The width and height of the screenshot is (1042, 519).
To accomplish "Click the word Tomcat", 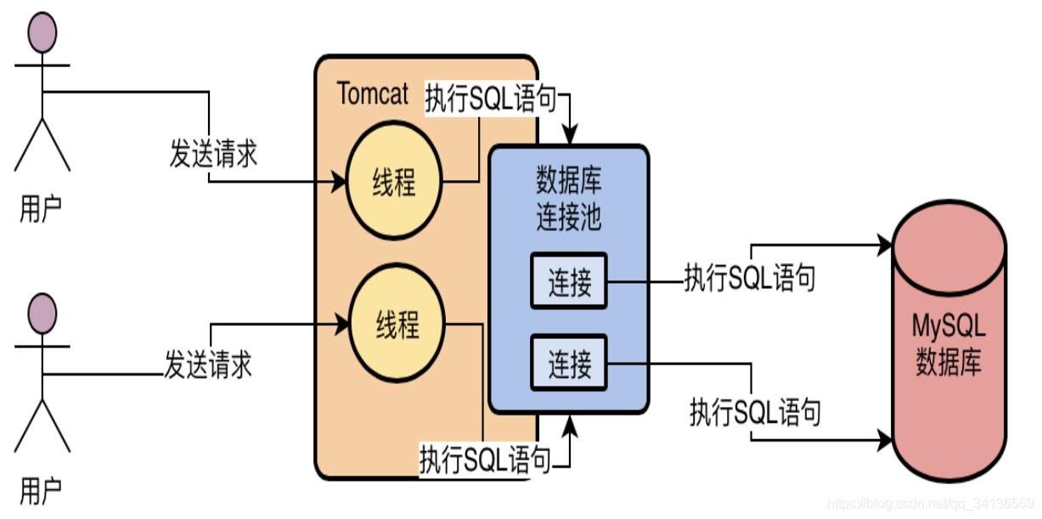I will (373, 93).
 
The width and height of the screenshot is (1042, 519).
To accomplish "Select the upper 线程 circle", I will (393, 182).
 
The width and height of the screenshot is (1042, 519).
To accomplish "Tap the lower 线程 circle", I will (397, 323).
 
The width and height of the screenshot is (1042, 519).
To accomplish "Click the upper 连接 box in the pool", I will (569, 280).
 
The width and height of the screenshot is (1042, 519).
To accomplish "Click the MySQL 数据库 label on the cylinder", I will (948, 345).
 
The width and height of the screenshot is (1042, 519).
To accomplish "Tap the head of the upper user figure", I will (42, 31).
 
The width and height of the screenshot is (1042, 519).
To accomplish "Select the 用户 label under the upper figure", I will (41, 208).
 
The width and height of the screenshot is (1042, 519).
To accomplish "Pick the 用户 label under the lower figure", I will (41, 490).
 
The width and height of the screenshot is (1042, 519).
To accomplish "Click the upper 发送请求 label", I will (213, 155).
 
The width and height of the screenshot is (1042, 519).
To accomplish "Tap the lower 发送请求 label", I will (208, 366).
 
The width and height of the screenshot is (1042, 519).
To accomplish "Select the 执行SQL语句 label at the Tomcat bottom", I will (485, 460).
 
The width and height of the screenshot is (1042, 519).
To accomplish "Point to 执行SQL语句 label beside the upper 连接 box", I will (750, 278).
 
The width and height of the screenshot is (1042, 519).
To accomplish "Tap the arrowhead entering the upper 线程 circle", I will (339, 182).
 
